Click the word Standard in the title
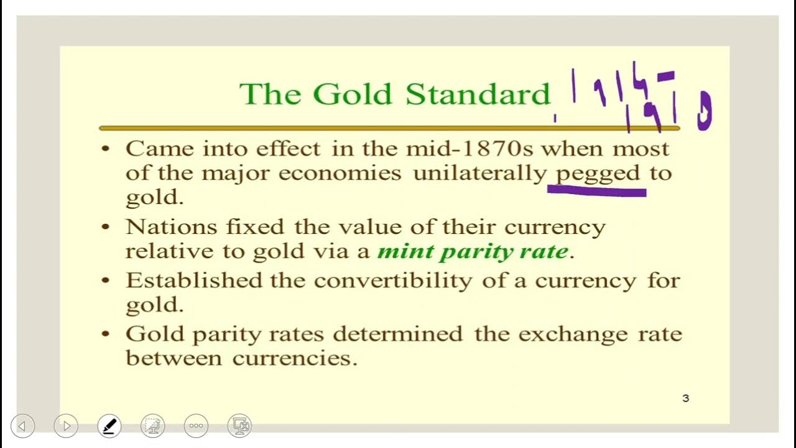point(478,94)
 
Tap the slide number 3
point(686,398)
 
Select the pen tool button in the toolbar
point(109,426)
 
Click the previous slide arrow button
point(22,426)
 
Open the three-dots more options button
point(196,426)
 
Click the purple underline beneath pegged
point(597,192)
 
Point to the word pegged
point(598,174)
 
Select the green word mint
point(405,251)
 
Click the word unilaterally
point(479,174)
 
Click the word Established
point(193,280)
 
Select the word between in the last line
point(174,358)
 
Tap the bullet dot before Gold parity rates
point(106,334)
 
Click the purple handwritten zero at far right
point(704,111)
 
